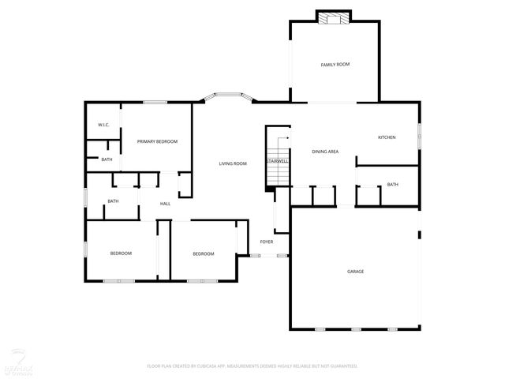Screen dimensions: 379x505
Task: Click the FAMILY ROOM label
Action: coord(335,64)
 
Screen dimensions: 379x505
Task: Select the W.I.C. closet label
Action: coord(103,125)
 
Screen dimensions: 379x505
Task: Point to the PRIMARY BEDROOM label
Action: coord(157,141)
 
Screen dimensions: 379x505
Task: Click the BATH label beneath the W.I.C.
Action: coord(107,160)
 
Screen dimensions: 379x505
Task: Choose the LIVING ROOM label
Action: coord(233,163)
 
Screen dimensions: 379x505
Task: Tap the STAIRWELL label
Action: coord(277,161)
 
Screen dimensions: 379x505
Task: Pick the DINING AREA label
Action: coord(325,151)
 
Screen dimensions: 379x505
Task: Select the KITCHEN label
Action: coord(387,137)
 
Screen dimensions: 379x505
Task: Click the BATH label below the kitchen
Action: coord(392,185)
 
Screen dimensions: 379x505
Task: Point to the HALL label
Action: coord(166,204)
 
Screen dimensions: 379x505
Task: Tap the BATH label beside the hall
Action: coord(113,201)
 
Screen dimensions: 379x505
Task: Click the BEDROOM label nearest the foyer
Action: coord(204,253)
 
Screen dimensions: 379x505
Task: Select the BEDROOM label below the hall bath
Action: coord(121,253)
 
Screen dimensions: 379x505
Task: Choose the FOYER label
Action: coord(267,242)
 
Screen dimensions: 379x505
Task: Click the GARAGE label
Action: coord(355,272)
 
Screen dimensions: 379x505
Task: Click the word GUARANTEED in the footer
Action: coord(342,366)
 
